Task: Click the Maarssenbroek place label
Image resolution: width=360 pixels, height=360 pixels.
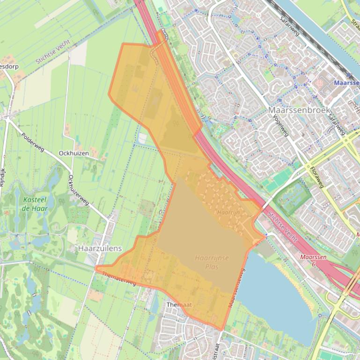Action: [x=299, y=110]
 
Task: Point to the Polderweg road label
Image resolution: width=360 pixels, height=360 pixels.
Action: [x=33, y=142]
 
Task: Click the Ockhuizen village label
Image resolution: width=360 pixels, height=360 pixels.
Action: [x=73, y=153]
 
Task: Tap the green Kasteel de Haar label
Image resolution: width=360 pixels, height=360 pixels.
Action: [x=34, y=204]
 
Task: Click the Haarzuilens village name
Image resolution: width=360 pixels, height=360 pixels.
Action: [x=100, y=249]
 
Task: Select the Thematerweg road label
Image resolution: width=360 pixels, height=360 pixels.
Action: [x=118, y=279]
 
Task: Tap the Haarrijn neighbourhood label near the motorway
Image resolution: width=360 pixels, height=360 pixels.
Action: [x=228, y=212]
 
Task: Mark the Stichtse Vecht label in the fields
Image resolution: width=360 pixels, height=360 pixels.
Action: [x=52, y=52]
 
